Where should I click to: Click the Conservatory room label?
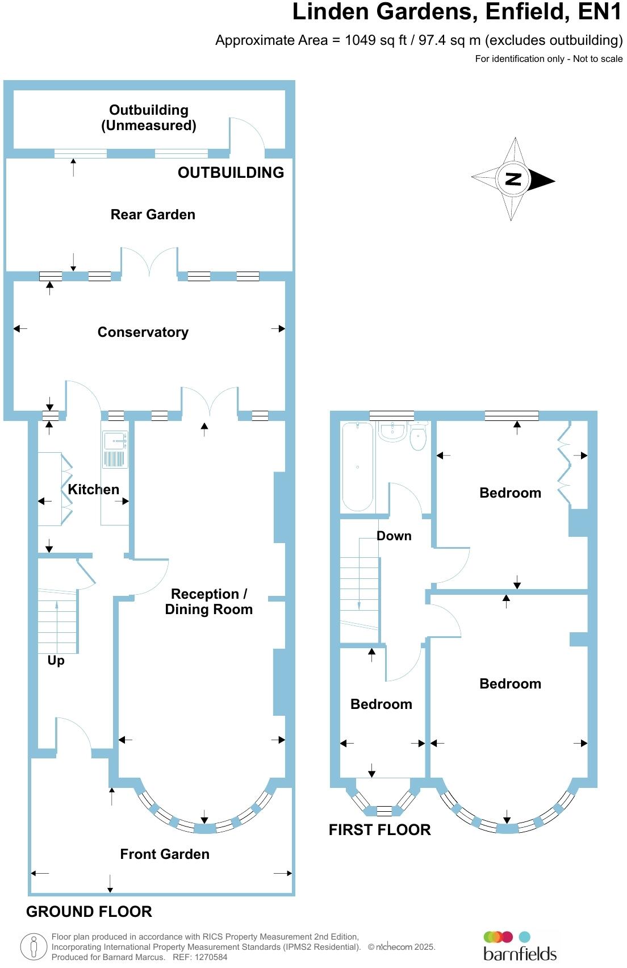tap(143, 332)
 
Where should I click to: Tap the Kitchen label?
tap(93, 490)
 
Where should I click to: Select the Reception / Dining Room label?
tap(208, 602)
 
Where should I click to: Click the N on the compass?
tap(513, 180)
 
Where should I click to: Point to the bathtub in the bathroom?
tap(357, 467)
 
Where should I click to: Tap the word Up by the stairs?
tap(56, 661)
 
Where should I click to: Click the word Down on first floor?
tap(394, 536)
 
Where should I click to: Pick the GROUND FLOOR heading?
tap(89, 912)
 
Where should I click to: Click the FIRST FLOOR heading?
tap(379, 830)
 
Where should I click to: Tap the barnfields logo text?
tap(520, 953)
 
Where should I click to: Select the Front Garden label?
tap(165, 854)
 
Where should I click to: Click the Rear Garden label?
tap(153, 215)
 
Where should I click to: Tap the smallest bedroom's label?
tap(381, 704)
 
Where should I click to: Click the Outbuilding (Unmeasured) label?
tap(149, 118)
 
